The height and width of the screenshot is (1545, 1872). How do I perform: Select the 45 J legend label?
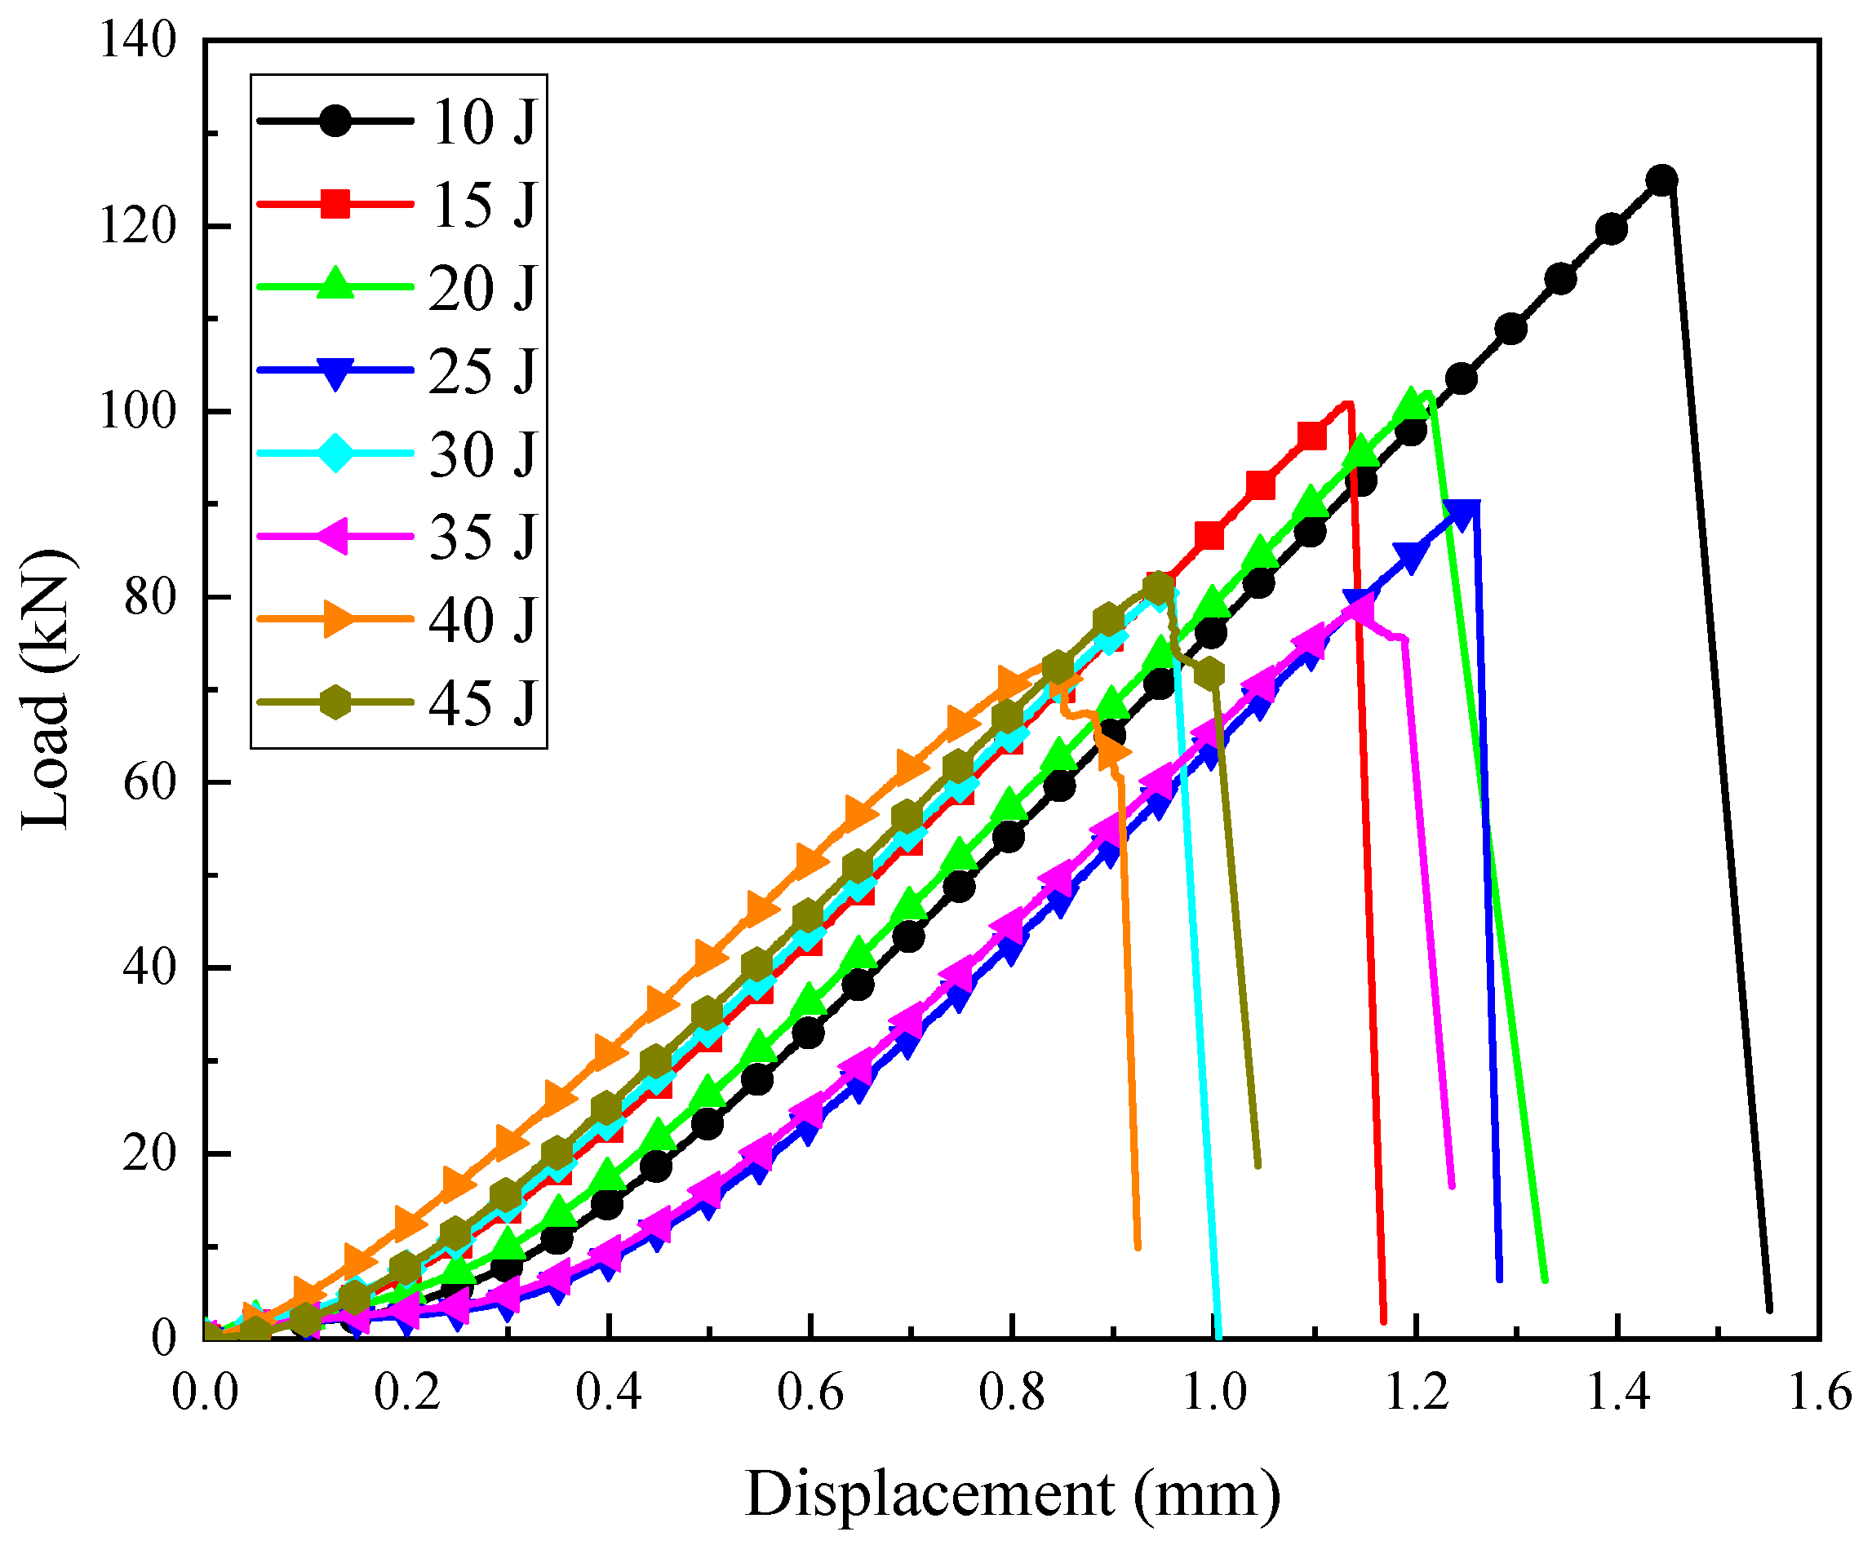483,703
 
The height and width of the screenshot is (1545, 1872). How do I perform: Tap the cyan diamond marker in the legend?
335,453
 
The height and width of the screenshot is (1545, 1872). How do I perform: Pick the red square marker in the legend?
335,204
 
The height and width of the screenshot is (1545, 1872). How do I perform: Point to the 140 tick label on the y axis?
138,41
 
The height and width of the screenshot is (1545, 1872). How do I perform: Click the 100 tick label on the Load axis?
138,412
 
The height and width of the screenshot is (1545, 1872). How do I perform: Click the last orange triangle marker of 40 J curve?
1113,754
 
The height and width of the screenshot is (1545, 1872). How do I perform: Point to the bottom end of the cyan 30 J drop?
1218,1335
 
